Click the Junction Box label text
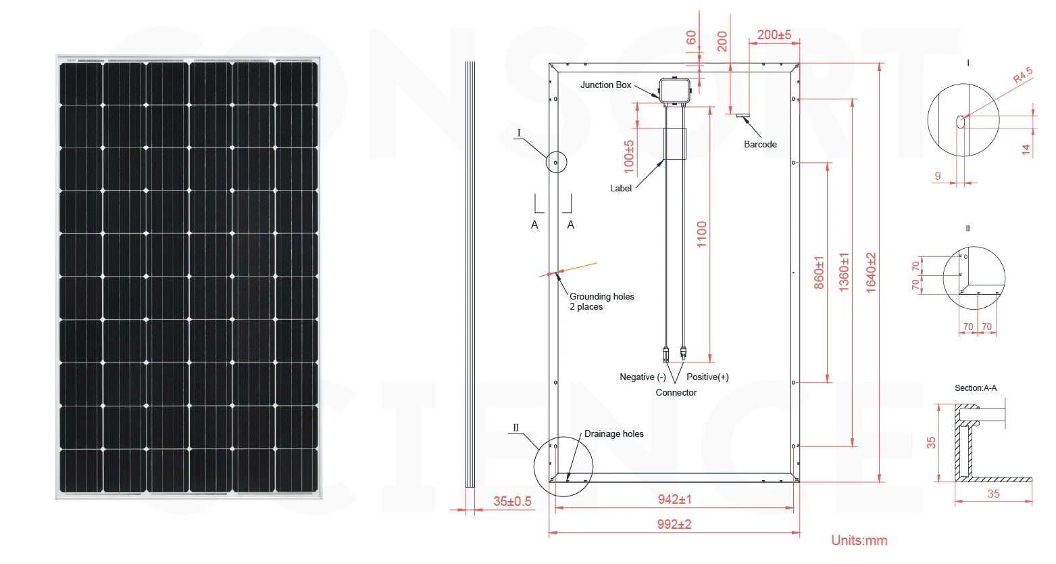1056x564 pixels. coord(605,85)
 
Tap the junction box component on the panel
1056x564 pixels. coord(674,91)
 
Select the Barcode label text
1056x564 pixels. coord(760,145)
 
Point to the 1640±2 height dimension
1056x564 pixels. coord(872,273)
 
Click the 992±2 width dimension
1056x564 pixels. coord(674,524)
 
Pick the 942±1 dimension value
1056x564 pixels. coord(674,500)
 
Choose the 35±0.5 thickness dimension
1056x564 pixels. coord(512,502)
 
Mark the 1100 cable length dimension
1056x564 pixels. coord(702,234)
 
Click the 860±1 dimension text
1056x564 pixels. coord(820,273)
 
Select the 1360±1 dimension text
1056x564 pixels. coord(845,273)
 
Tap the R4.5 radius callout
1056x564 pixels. coord(1023,74)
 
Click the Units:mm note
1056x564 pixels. coord(859,540)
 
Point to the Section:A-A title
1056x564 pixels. coord(975,388)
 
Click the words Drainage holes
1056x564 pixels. coord(613,434)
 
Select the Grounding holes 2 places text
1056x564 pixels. coord(601,302)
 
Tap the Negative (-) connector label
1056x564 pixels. coord(643,377)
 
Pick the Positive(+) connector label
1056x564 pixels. coord(707,377)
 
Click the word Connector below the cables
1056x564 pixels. coord(676,393)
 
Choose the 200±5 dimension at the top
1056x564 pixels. coord(774,35)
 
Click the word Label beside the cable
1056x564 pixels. coord(620,189)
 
